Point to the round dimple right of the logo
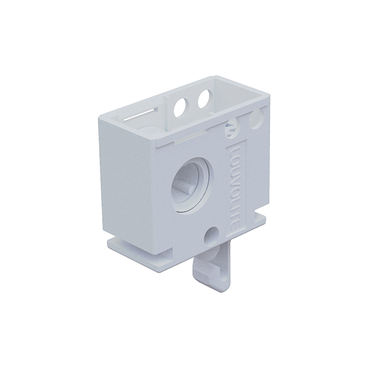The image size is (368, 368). (x=256, y=121)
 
